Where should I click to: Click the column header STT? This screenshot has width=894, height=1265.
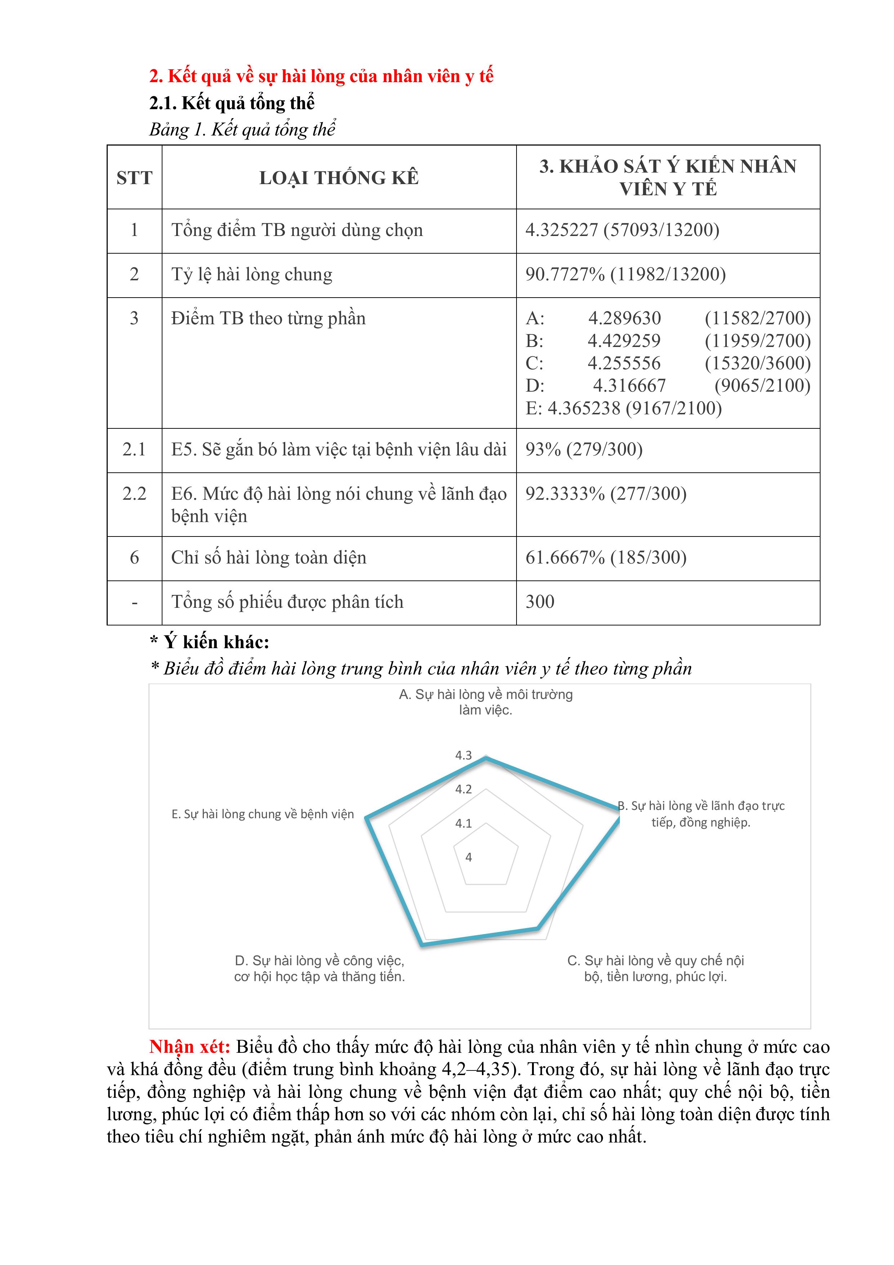tap(134, 177)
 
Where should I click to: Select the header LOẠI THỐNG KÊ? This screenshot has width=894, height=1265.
tap(339, 177)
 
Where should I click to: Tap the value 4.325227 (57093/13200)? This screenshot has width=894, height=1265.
tap(622, 230)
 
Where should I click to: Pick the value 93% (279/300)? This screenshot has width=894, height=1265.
tap(584, 449)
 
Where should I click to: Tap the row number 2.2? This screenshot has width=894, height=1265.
tap(134, 494)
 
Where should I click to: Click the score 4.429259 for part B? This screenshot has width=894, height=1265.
tap(623, 340)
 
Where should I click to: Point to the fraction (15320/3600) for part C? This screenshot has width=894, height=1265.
tap(757, 363)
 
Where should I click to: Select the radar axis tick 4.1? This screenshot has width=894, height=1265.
tap(463, 823)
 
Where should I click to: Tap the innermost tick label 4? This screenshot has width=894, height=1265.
tap(468, 857)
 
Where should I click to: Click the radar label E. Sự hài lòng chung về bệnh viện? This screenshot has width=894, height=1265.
tap(263, 814)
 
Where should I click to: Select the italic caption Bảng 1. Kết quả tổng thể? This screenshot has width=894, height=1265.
tap(242, 129)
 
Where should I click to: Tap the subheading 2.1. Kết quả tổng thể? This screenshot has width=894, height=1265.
tap(232, 103)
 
